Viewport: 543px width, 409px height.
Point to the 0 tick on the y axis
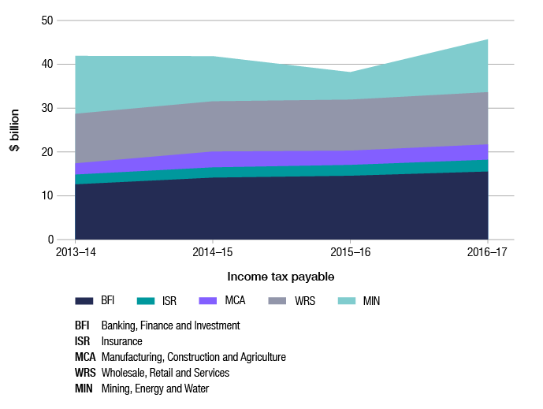click(50, 240)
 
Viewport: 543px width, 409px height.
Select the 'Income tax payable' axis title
click(281, 277)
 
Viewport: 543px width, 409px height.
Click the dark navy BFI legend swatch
click(85, 301)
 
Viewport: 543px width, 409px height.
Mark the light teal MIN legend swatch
click(346, 301)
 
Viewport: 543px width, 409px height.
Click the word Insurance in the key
click(121, 341)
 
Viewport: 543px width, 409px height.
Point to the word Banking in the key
click(119, 325)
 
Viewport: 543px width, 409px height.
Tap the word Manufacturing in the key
click(132, 357)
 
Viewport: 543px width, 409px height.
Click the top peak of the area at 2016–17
click(488, 39)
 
